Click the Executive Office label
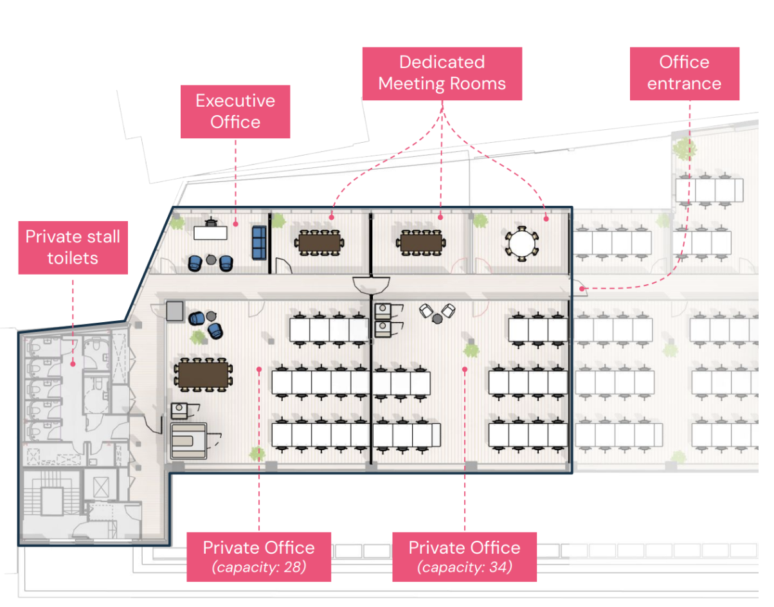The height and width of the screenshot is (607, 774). pyautogui.click(x=235, y=111)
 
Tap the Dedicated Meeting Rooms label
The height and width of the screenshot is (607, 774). pyautogui.click(x=442, y=73)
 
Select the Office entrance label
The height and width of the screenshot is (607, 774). pyautogui.click(x=684, y=73)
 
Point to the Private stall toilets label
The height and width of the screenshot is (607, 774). pyautogui.click(x=73, y=248)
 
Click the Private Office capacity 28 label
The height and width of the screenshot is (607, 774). pyautogui.click(x=259, y=557)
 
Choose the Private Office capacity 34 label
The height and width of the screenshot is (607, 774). pyautogui.click(x=465, y=557)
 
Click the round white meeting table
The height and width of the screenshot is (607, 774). pyautogui.click(x=522, y=244)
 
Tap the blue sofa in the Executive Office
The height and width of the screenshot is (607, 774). pyautogui.click(x=259, y=242)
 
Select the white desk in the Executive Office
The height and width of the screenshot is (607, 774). pyautogui.click(x=210, y=233)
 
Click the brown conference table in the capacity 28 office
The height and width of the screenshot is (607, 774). pyautogui.click(x=203, y=375)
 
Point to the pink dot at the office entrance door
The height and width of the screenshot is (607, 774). pyautogui.click(x=582, y=289)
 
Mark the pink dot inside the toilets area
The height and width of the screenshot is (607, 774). pyautogui.click(x=73, y=364)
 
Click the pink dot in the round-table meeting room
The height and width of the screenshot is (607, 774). pyautogui.click(x=546, y=219)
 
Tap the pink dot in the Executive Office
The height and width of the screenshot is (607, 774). pyautogui.click(x=235, y=224)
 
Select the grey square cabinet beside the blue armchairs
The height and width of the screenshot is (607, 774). pyautogui.click(x=175, y=311)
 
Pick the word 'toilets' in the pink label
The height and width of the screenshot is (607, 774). pyautogui.click(x=73, y=258)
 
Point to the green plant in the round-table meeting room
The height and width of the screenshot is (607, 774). pyautogui.click(x=481, y=221)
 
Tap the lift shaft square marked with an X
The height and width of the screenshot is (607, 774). pyautogui.click(x=102, y=487)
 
